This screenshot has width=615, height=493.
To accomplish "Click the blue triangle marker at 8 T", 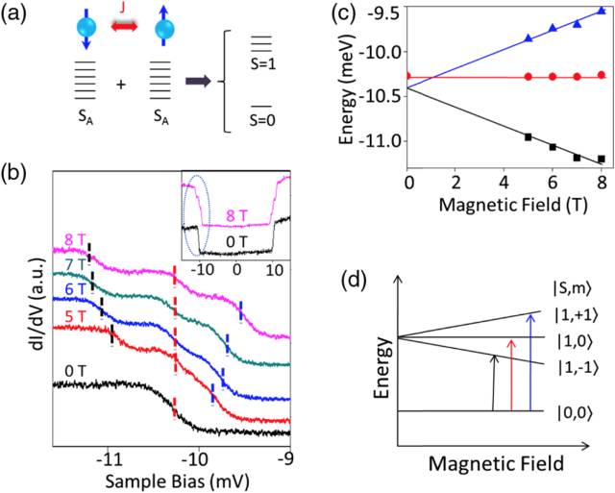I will (602, 11).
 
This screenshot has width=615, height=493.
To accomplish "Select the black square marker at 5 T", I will (528, 137).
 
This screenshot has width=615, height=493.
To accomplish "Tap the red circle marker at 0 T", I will (407, 76).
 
